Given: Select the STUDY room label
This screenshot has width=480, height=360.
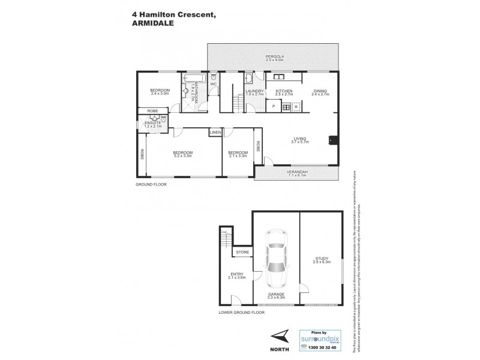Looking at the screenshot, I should [321, 259].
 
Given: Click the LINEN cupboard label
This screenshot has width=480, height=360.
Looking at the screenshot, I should [215, 132].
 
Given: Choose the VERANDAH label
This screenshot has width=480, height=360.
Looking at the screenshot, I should [296, 171].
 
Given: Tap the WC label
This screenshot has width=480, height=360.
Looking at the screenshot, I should [212, 85].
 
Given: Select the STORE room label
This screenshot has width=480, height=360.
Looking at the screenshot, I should [242, 252].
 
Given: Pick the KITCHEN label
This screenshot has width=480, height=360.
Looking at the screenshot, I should [284, 91].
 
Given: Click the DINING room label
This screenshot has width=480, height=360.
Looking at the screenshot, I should [321, 91].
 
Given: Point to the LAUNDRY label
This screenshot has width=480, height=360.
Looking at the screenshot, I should [254, 91].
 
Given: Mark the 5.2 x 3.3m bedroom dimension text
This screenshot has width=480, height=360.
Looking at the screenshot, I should [182, 155].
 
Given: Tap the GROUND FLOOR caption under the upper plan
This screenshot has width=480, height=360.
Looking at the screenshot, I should [151, 184].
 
